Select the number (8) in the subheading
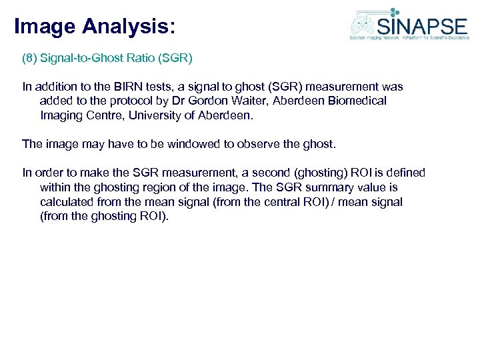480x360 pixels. pyautogui.click(x=29, y=58)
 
